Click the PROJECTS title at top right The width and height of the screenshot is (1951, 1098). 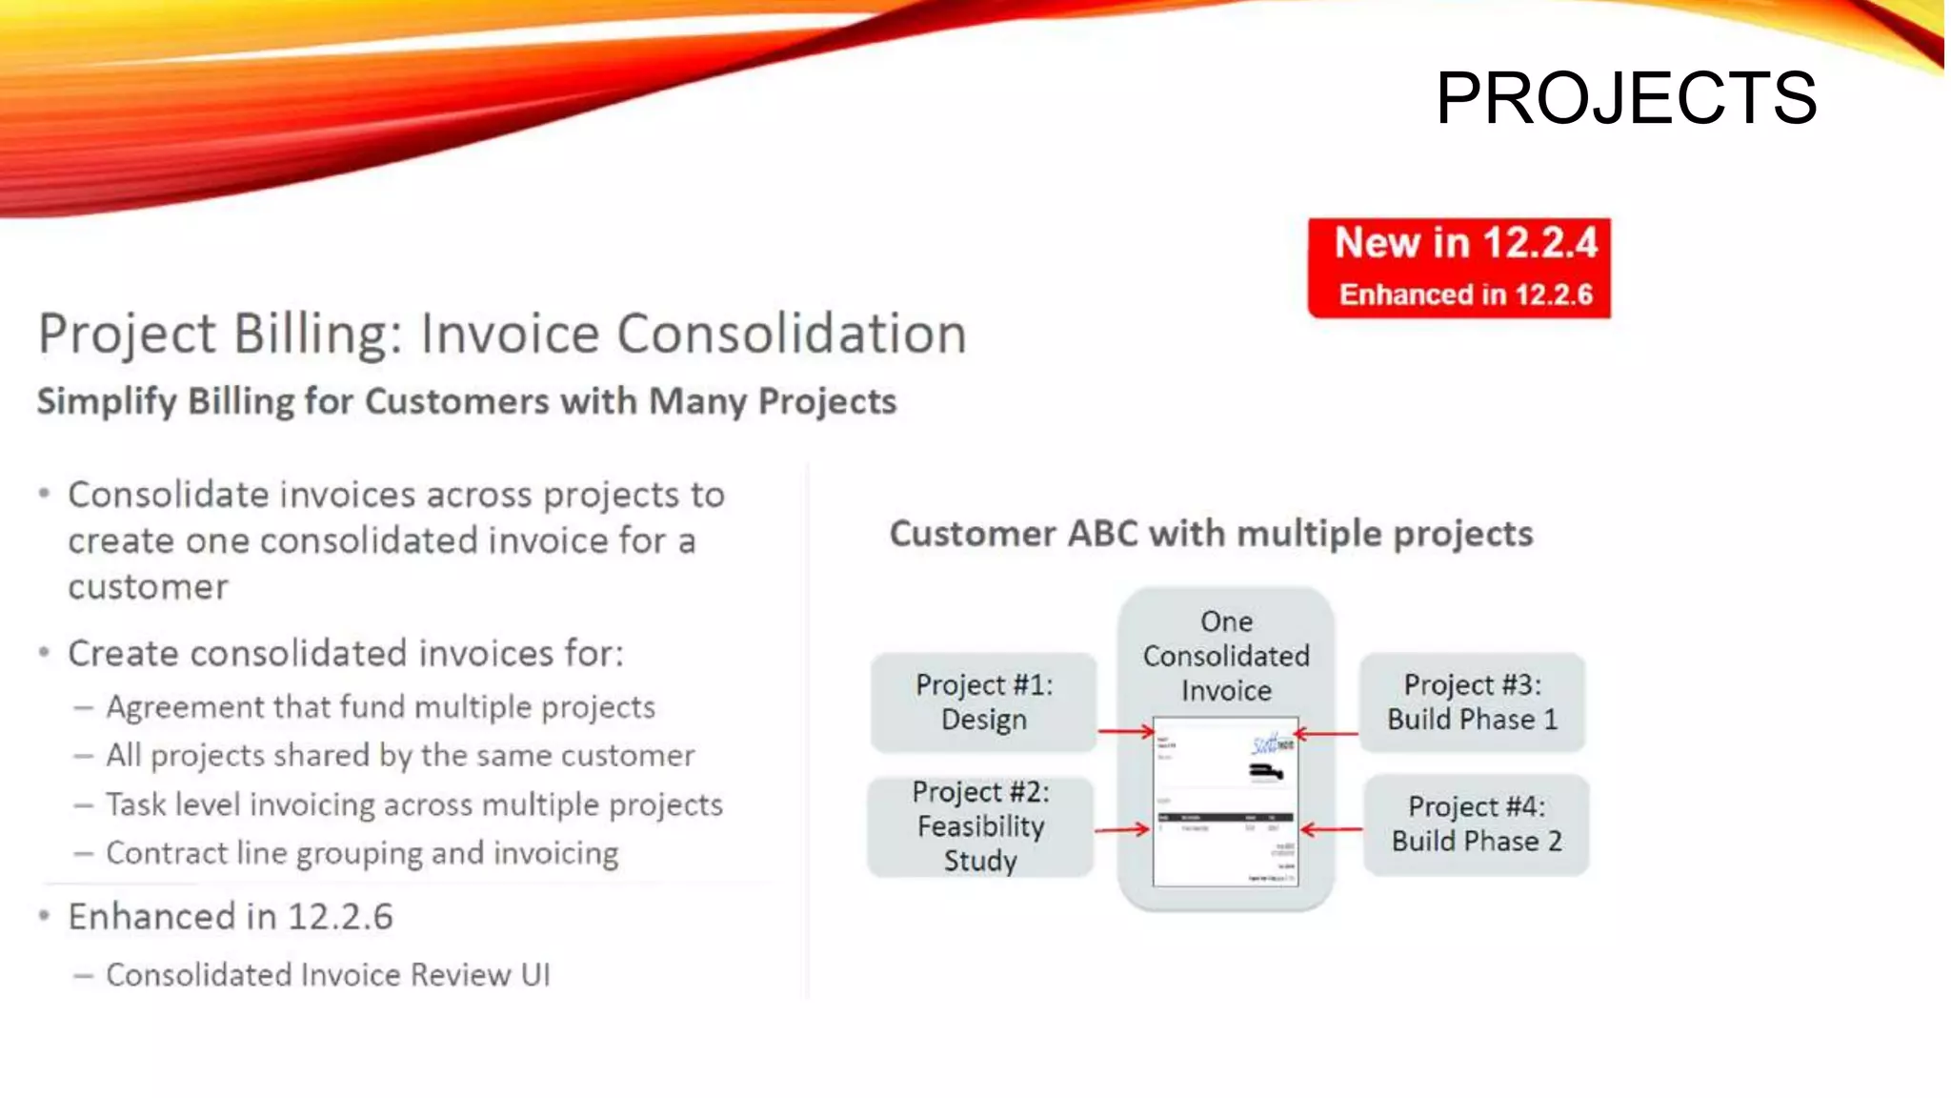[1625, 98]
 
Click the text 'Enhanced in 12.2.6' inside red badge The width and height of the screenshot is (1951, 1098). [1465, 295]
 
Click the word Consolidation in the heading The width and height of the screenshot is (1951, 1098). [791, 335]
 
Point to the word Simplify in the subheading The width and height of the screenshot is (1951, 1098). [107, 401]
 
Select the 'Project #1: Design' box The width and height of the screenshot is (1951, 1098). [983, 702]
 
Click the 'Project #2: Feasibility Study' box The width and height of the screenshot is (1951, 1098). [980, 826]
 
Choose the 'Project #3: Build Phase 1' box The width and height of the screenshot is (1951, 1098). [1472, 702]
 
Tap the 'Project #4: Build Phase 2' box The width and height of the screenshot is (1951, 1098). [1476, 824]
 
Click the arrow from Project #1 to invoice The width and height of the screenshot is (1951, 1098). [1125, 732]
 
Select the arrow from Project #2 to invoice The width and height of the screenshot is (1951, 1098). [1122, 830]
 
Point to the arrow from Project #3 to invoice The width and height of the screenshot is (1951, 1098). [1326, 734]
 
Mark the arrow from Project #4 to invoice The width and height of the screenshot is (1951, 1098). [1331, 830]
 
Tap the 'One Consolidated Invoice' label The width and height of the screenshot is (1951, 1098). [1226, 656]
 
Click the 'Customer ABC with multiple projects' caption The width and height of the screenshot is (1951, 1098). [1211, 534]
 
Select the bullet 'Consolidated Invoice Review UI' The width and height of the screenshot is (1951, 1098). [328, 975]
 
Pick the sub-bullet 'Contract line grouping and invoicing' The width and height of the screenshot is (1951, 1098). [362, 853]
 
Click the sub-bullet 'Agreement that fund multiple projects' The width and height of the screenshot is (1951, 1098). [380, 707]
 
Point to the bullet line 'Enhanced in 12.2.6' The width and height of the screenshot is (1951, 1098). [230, 917]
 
